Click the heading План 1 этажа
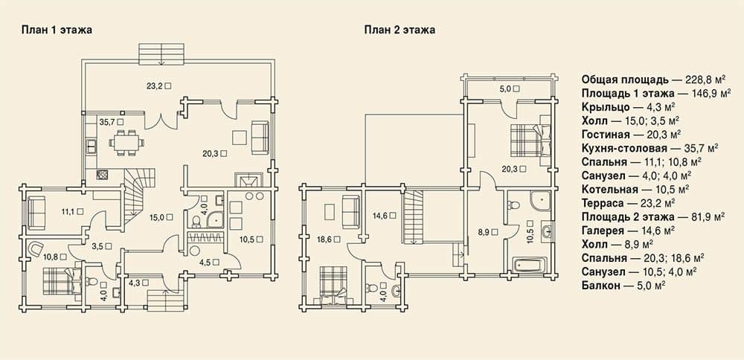pyautogui.click(x=57, y=30)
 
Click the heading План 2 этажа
pyautogui.click(x=400, y=30)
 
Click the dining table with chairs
pyautogui.click(x=126, y=142)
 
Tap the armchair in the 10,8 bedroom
pyautogui.click(x=36, y=248)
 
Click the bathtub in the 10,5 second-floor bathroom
pyautogui.click(x=530, y=265)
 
